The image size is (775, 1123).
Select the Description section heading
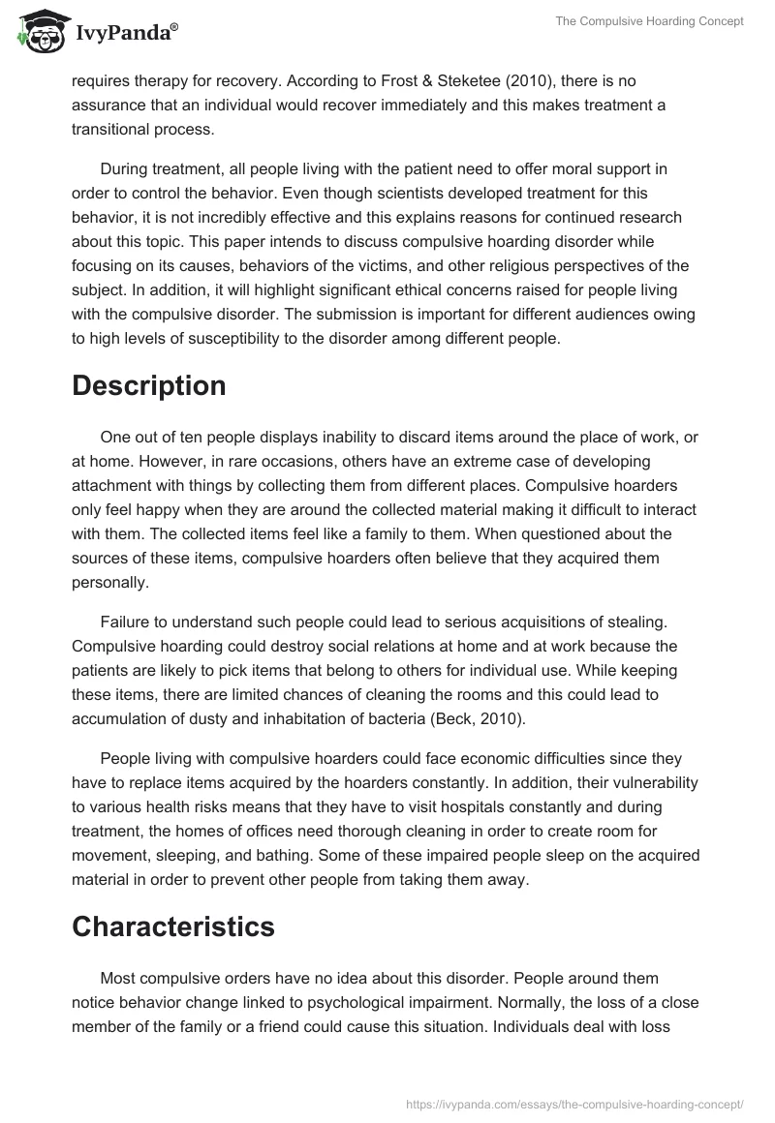148,385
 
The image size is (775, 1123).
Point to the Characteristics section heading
173,926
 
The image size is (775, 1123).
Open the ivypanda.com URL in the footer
574,1103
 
